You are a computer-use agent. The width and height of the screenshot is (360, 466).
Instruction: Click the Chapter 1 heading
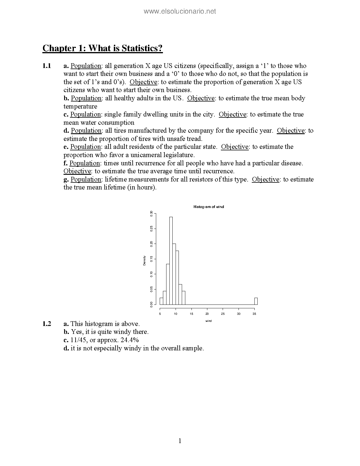(103, 48)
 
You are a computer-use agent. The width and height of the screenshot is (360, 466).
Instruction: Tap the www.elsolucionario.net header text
(180, 11)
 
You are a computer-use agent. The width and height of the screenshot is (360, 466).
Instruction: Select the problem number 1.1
(47, 66)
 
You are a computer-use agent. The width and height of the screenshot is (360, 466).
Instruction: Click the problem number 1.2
(47, 324)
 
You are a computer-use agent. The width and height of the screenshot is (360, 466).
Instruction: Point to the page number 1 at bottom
(180, 441)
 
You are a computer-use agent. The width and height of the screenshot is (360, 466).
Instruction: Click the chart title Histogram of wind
(209, 207)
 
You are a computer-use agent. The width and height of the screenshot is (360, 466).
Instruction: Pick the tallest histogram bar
(171, 261)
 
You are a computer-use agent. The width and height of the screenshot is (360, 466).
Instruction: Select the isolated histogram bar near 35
(256, 301)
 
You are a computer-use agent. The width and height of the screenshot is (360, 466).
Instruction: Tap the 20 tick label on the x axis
(207, 314)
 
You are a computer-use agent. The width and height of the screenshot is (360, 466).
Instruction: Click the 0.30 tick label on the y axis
(151, 214)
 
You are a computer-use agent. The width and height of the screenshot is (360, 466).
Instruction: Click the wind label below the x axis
(209, 321)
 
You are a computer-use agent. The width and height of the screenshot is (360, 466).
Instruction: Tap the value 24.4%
(130, 340)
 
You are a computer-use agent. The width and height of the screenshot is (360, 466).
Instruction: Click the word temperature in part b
(80, 106)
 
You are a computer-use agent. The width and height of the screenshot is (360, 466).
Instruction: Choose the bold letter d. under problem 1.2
(66, 348)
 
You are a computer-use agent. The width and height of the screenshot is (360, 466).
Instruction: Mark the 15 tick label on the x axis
(191, 314)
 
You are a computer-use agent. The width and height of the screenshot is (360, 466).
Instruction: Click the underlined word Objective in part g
(266, 179)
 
